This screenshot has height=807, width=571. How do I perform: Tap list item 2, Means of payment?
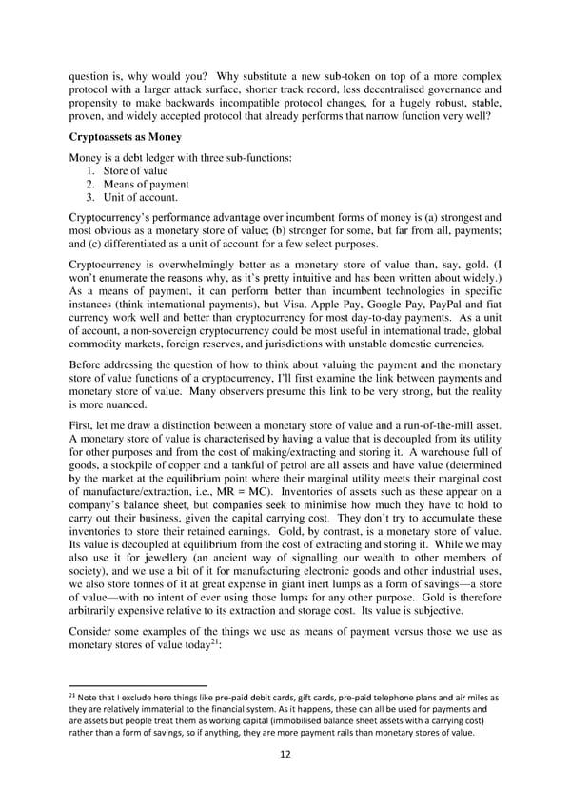coord(146,184)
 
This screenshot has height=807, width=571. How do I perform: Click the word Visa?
coord(263,307)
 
